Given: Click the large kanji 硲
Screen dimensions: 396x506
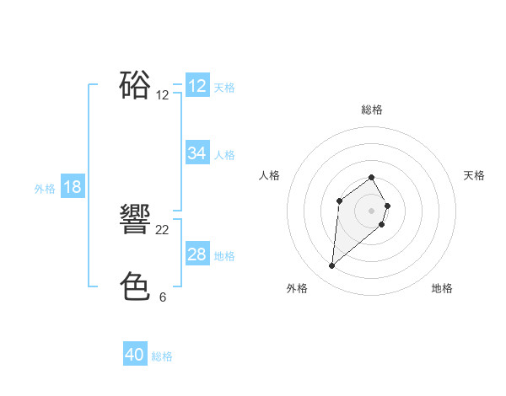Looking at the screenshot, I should pos(136,85).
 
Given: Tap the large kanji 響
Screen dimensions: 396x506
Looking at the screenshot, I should pos(136,220).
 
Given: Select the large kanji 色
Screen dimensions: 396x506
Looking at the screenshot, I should pos(136,287).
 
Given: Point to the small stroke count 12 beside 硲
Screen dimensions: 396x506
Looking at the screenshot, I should pos(163,95).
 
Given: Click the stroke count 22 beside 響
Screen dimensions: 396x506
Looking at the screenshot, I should pos(163,230).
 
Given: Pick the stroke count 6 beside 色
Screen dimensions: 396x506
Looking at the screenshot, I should pos(163,297).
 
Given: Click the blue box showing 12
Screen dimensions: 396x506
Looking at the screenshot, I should pos(197,86).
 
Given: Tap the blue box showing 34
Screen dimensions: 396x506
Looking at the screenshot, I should pos(197,153).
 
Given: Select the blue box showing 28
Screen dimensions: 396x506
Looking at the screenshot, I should pos(197,254).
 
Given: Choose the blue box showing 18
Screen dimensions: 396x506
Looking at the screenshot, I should pos(73,187).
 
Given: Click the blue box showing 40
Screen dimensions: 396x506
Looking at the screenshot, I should pos(135,355).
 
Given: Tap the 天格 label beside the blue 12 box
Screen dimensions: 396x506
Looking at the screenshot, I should pos(224,87).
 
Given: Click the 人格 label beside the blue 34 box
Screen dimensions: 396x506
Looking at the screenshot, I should pos(224,154).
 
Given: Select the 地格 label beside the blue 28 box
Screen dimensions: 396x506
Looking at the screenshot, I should pos(224,255).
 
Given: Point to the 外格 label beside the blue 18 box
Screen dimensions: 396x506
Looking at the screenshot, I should pos(45,189).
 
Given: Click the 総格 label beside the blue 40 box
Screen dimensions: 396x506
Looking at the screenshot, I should pos(162,356).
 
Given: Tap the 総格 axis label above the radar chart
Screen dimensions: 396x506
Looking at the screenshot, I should pos(372,110).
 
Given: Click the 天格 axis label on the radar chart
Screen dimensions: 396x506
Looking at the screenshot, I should pos(475,175).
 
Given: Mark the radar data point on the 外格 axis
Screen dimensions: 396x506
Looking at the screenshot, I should pos(332,266).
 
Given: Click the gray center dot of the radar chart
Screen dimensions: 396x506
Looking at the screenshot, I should pos(372,210).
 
